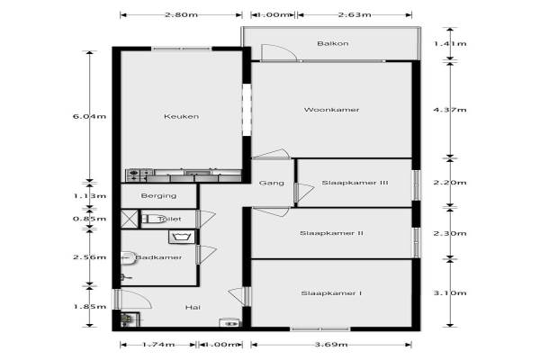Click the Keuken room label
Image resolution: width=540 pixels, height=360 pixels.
pos(181,116)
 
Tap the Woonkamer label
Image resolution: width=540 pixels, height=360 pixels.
pos(332,110)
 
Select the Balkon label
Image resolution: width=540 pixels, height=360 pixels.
pos(332,43)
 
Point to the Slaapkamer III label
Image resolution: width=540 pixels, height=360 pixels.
pos(355,183)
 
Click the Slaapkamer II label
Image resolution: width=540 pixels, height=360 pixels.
pos(332,233)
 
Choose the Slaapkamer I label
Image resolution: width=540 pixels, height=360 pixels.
pos(332,293)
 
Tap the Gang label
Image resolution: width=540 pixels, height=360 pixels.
pos(271,183)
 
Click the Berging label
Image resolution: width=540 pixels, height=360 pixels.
pos(157,195)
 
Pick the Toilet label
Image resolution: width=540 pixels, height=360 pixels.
pos(169,219)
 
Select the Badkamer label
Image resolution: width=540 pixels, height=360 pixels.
pos(158,257)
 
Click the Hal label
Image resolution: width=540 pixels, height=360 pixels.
pos(192,308)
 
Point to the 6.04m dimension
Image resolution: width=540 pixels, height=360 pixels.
pos(89,116)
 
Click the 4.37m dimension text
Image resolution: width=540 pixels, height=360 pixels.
pos(449,110)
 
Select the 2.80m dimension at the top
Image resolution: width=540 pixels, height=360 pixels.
pos(181,15)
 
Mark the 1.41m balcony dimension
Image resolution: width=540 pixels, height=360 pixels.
pos(449,43)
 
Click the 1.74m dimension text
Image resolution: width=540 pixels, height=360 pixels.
pos(158,345)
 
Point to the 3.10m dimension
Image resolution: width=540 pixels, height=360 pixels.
pos(449,293)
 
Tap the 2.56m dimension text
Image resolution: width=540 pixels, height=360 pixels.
pos(89,257)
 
